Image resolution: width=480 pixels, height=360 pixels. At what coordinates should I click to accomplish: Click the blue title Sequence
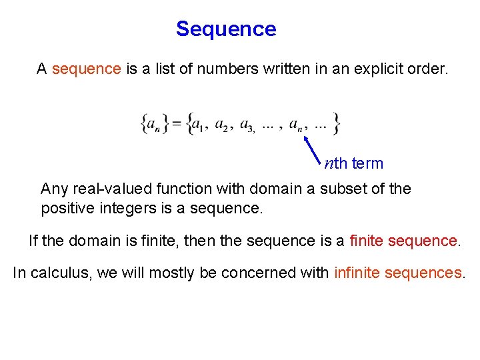[x=226, y=29]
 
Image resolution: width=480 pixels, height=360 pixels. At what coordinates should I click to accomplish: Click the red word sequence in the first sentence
[x=86, y=69]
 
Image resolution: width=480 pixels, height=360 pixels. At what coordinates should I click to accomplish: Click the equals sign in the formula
[x=177, y=124]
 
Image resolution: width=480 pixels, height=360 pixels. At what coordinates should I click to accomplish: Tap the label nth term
[x=354, y=164]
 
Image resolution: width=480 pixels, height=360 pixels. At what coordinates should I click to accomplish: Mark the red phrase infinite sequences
[x=398, y=273]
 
